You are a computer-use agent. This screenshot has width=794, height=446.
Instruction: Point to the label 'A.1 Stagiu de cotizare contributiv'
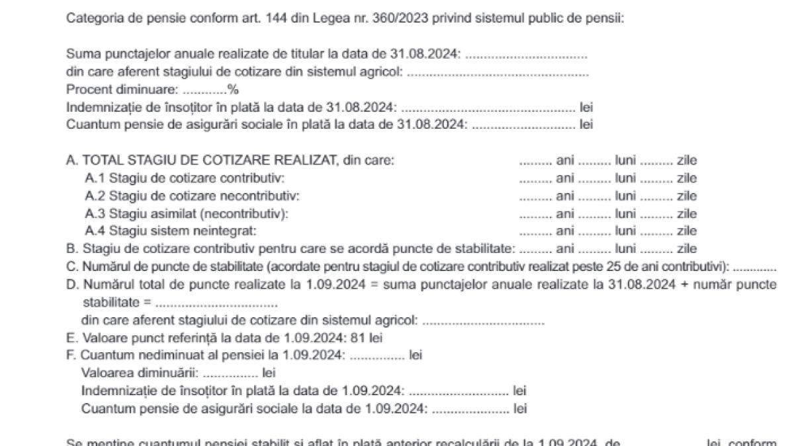coord(185,178)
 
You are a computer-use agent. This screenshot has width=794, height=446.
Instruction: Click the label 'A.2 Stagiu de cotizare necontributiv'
coord(192,196)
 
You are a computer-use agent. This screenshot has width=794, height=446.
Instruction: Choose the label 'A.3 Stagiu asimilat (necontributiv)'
coord(187,214)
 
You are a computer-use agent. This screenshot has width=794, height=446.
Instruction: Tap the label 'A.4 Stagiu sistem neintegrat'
coord(169,231)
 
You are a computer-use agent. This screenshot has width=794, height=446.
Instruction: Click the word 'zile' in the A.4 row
coord(687,231)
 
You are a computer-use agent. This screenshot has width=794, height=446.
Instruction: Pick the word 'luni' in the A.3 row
coord(626,214)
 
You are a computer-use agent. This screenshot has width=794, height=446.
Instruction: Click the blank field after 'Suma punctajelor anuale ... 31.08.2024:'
coord(526,55)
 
